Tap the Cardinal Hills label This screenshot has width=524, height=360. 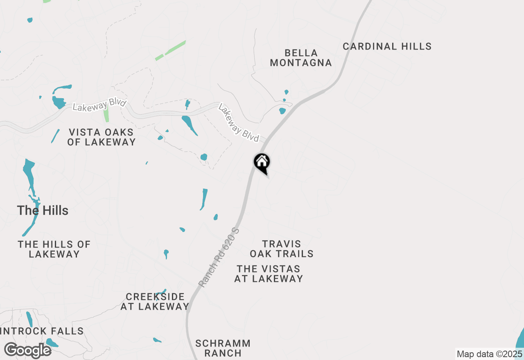tap(387, 46)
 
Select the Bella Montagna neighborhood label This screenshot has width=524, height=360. tap(300, 58)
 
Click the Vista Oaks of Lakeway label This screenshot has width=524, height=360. tap(102, 137)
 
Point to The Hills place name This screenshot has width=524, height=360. tap(43, 211)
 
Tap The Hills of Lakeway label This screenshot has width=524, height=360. tap(54, 249)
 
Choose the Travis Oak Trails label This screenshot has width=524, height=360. tap(282, 249)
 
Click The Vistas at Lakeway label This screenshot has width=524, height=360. tap(269, 274)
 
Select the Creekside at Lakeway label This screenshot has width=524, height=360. tap(155, 301)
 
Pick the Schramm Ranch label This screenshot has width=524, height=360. tap(223, 348)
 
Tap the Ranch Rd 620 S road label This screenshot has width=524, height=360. tap(219, 257)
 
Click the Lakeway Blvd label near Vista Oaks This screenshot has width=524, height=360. tap(99, 105)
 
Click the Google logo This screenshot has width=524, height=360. tap(27, 350)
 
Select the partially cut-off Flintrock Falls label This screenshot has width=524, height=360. tap(42, 331)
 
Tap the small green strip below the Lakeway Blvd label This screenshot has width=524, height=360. tap(106, 114)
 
